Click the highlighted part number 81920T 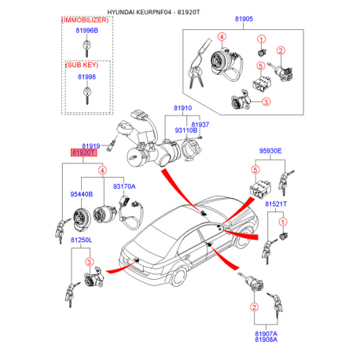[x=83, y=152]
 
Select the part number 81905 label [x=244, y=19]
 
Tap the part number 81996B [x=87, y=31]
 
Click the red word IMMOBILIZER [x=85, y=20]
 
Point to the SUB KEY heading [x=83, y=65]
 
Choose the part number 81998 [x=86, y=77]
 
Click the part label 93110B [x=186, y=130]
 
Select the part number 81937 [x=200, y=124]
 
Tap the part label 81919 [x=91, y=146]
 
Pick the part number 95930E [x=270, y=151]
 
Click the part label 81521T [x=276, y=204]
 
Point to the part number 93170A [x=124, y=186]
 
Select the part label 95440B [x=82, y=194]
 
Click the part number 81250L [x=81, y=240]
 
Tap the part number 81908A [x=266, y=340]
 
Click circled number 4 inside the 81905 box [x=222, y=37]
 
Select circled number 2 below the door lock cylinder [x=254, y=307]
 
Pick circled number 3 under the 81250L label [x=90, y=262]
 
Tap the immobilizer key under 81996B [x=86, y=49]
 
